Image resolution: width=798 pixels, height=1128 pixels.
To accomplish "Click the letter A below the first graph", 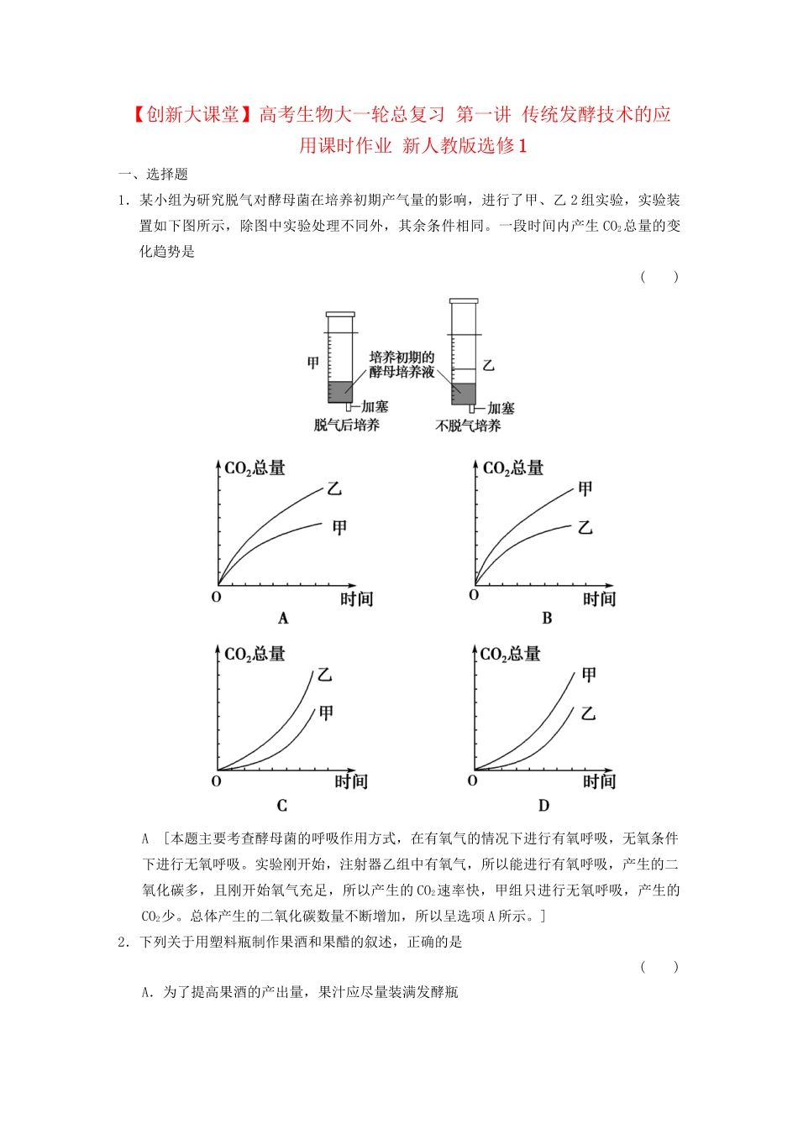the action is pyautogui.click(x=283, y=619).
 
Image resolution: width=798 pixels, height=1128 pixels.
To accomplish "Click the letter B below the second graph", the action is pyautogui.click(x=547, y=619).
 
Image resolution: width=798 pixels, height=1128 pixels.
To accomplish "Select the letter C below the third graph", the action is pyautogui.click(x=282, y=806).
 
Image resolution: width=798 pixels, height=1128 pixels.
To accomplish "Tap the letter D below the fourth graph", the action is pyautogui.click(x=543, y=806).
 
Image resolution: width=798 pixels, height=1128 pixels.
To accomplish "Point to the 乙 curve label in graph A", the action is pyautogui.click(x=334, y=488).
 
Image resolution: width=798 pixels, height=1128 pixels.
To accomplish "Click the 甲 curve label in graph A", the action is pyautogui.click(x=339, y=528).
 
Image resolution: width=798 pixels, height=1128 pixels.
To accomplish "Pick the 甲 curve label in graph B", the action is pyautogui.click(x=585, y=488).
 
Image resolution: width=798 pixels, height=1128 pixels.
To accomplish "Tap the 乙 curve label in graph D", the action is pyautogui.click(x=588, y=713).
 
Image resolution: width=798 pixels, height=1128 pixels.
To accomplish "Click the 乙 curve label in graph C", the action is pyautogui.click(x=324, y=675).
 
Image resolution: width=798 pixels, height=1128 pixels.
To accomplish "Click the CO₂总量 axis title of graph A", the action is pyautogui.click(x=255, y=468).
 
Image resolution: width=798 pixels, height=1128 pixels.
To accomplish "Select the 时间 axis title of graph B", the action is pyautogui.click(x=599, y=599).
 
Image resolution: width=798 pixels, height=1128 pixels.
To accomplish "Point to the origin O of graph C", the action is pyautogui.click(x=216, y=781).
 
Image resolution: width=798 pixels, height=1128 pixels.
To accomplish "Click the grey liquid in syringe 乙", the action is pyautogui.click(x=464, y=394).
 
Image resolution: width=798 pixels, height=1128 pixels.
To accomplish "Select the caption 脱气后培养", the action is pyautogui.click(x=347, y=426).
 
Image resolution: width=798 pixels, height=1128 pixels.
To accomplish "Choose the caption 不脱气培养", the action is pyautogui.click(x=468, y=426).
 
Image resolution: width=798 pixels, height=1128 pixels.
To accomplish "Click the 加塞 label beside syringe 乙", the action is pyautogui.click(x=501, y=409).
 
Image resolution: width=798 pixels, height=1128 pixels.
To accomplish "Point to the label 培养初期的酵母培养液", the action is pyautogui.click(x=402, y=364).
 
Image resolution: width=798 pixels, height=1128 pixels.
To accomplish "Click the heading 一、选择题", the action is pyautogui.click(x=153, y=175).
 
